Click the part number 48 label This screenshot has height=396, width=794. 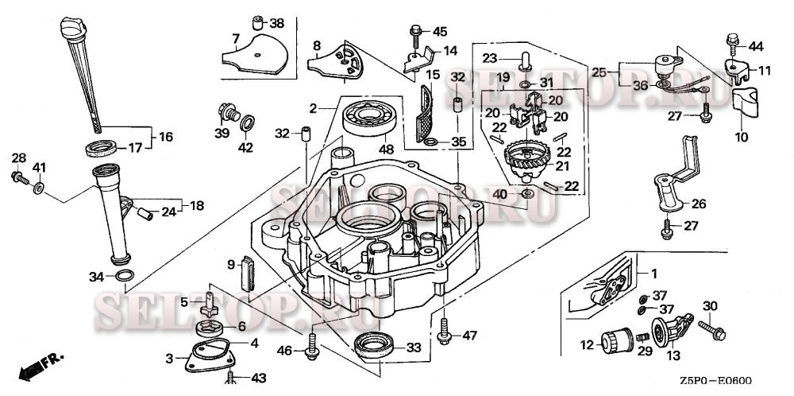point(386,149)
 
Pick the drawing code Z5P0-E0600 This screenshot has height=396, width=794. point(715,382)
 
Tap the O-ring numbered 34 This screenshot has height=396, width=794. point(124,276)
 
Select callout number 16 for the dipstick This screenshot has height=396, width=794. point(165,137)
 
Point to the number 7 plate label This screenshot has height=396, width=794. point(235,38)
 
